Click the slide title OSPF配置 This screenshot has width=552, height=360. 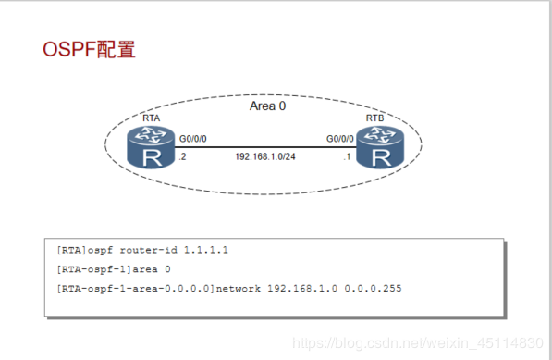pos(89,49)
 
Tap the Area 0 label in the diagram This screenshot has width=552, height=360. pos(267,106)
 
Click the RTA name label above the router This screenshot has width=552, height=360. pos(152,119)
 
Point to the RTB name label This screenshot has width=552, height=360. pos(375,119)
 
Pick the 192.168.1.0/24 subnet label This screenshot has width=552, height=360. pos(265,158)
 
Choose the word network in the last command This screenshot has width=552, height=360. pos(241,289)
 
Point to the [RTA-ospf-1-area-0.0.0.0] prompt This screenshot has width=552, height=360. pos(134,289)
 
